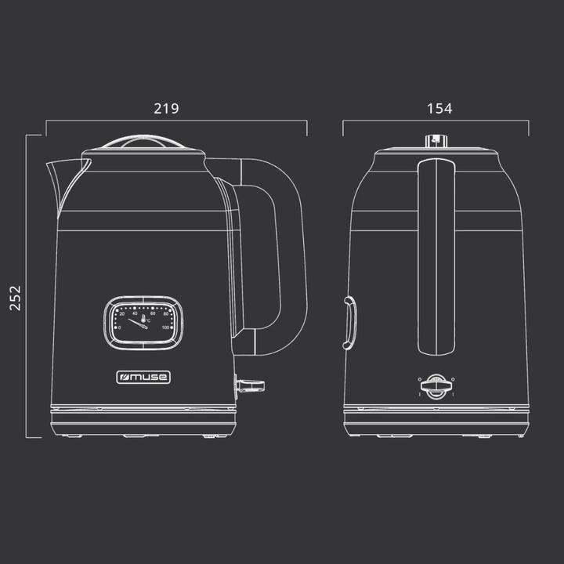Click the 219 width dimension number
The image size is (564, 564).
[x=166, y=110]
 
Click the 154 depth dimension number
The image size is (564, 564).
[x=439, y=110]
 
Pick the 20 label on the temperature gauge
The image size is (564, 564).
[x=121, y=315]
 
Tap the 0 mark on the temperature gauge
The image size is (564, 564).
[x=118, y=327]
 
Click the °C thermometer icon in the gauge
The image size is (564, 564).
[x=144, y=319]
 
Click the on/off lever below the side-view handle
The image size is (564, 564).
[x=249, y=385]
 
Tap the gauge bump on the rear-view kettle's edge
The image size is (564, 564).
[x=349, y=320]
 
